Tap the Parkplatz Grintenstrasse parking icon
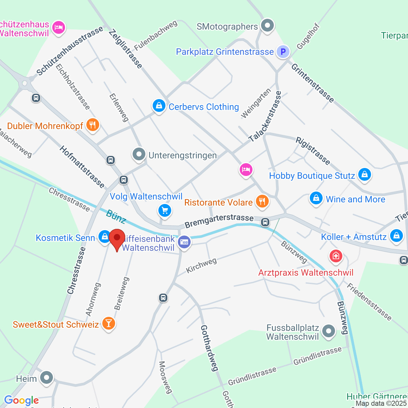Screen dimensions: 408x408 point(283,51)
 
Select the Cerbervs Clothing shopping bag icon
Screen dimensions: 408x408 point(159,106)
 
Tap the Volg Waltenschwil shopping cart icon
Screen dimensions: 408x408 point(165,210)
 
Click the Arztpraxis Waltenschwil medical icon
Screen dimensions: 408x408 point(336,256)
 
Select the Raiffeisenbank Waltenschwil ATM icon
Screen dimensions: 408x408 point(184,242)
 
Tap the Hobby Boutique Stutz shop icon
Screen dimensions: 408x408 point(364,175)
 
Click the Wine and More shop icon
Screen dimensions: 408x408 point(316,199)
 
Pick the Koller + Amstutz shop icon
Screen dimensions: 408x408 point(396,236)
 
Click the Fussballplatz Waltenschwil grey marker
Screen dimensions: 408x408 point(328,331)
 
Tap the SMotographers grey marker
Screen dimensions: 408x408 point(267,25)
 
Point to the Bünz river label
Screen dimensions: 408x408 point(116,217)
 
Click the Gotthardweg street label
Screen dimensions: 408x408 point(209,348)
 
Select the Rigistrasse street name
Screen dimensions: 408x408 point(313,150)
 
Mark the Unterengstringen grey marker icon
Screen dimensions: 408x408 point(139,155)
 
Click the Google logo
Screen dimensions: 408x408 point(21,400)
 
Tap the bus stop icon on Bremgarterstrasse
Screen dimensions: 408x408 point(265,222)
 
